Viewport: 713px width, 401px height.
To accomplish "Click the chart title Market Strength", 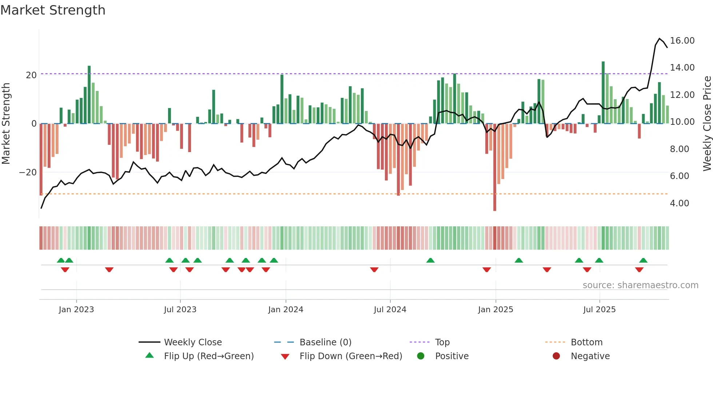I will (53, 10).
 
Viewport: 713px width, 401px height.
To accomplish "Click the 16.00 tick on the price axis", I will (682, 41).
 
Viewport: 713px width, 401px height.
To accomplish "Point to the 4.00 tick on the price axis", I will (679, 203).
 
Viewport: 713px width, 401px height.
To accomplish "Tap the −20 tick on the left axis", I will (28, 172).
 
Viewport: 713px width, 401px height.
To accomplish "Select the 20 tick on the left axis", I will (31, 75).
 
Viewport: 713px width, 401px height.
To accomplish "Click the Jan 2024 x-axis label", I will (286, 310).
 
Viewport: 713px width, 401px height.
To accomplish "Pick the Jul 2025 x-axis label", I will (599, 310).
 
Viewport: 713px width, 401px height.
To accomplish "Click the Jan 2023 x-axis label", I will (76, 310).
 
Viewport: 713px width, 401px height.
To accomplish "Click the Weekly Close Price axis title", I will (707, 124).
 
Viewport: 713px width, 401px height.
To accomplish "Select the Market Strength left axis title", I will (6, 124).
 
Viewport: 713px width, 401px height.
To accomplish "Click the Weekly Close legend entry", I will (192, 342).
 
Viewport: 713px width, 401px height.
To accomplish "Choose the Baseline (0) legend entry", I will (325, 342).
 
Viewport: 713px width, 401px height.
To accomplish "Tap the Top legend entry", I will (442, 342).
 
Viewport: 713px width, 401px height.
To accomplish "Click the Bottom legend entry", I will (586, 342).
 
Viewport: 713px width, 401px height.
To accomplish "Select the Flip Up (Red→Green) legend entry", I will (208, 356).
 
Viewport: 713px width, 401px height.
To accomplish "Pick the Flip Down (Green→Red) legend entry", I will (351, 356).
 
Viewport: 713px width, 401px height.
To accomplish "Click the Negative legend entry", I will (590, 356).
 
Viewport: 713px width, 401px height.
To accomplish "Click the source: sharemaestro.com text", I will (640, 285).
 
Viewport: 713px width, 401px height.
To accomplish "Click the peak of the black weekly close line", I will (660, 39).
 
